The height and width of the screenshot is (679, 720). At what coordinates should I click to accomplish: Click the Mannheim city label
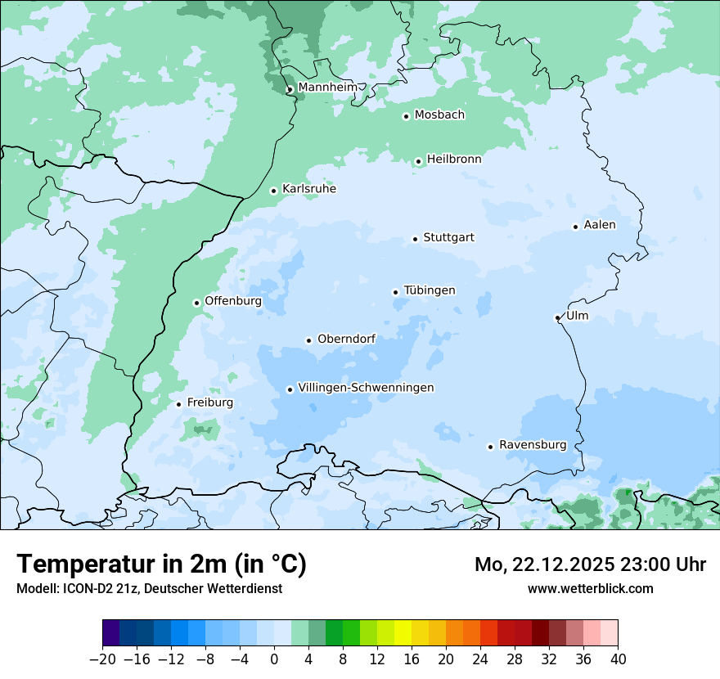327,87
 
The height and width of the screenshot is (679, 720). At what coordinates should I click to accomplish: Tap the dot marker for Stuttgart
415,239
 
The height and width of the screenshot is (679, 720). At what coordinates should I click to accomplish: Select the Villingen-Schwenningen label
366,388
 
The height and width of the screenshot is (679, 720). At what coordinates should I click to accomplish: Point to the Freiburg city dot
178,404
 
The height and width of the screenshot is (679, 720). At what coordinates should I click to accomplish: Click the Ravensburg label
533,445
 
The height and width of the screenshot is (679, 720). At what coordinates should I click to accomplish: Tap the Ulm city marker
557,317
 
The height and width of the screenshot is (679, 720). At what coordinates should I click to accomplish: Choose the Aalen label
600,225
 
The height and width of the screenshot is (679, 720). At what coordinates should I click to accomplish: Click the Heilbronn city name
454,160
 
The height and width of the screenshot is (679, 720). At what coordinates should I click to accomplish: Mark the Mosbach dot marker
406,116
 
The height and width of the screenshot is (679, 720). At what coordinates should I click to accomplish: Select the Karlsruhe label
308,189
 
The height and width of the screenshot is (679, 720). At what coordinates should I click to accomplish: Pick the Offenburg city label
233,301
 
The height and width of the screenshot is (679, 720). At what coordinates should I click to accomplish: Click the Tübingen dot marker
395,292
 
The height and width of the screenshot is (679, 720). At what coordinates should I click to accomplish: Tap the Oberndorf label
346,339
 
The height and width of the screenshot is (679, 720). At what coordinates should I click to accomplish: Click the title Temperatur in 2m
161,564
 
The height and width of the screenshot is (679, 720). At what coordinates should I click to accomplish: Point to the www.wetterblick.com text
590,588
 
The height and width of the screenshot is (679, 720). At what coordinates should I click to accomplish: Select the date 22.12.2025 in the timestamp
563,564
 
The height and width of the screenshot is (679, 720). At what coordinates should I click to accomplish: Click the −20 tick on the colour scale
103,659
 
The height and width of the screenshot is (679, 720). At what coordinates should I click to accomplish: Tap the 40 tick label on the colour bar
618,659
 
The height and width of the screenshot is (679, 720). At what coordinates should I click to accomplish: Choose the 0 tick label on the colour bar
274,659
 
